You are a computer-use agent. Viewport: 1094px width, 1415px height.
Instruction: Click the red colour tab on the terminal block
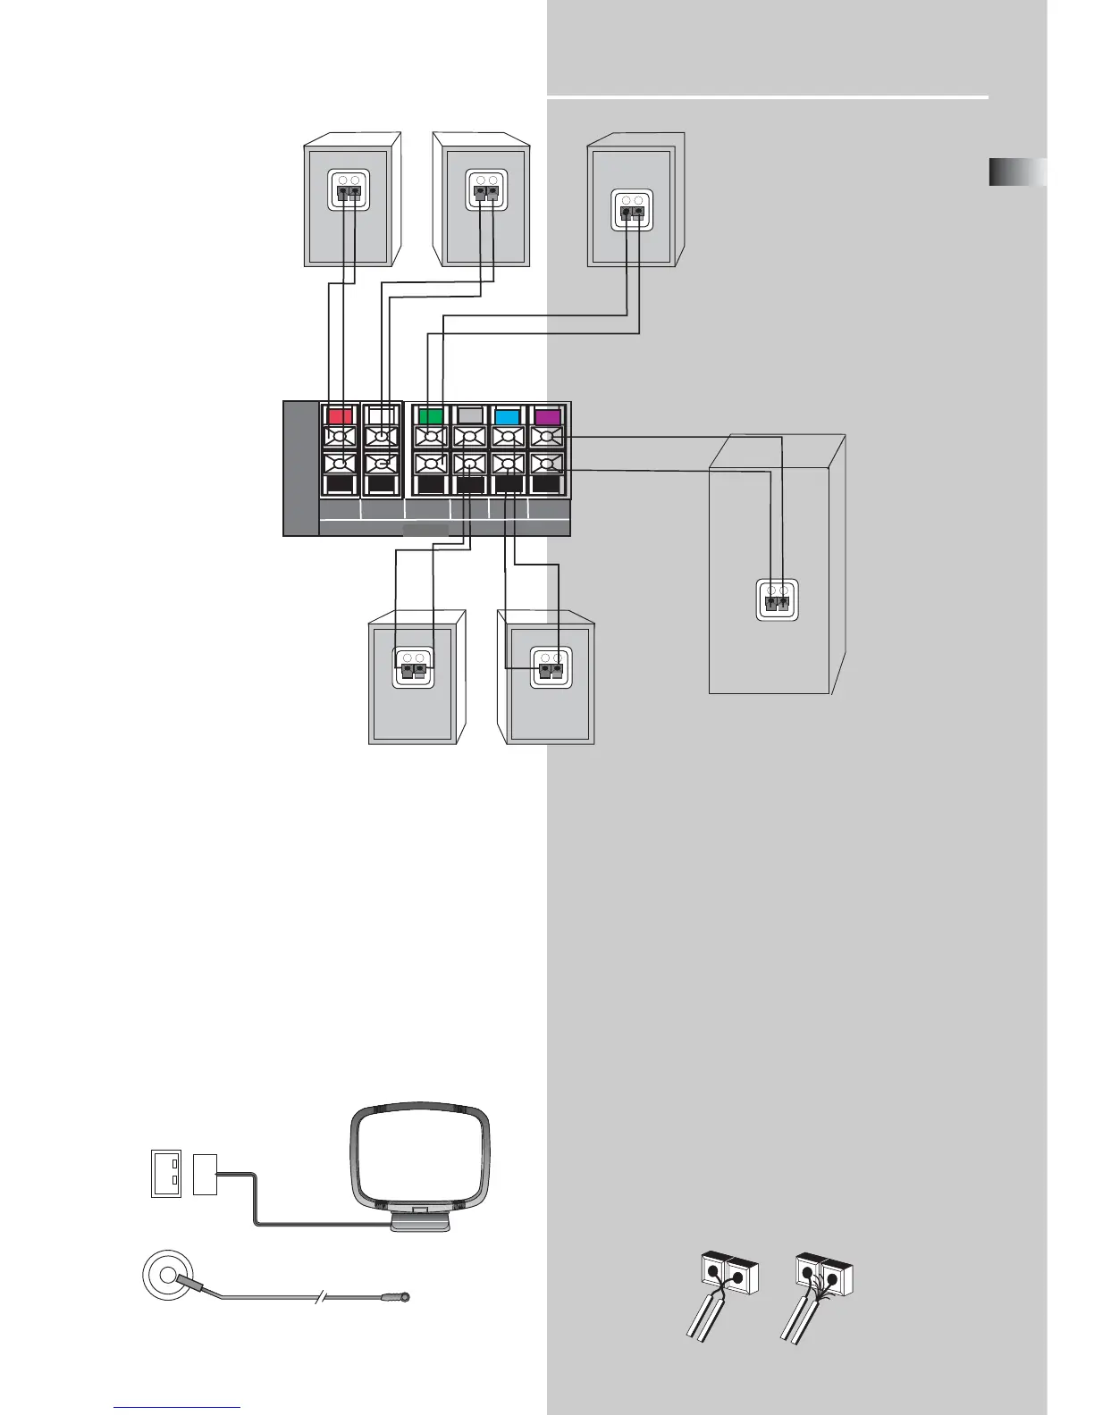(340, 415)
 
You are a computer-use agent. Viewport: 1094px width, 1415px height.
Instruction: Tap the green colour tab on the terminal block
(431, 415)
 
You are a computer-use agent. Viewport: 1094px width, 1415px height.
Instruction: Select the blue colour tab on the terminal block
(508, 415)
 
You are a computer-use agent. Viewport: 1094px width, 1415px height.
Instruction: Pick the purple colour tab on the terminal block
(547, 415)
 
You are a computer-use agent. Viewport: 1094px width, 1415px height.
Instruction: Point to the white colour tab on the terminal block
(381, 415)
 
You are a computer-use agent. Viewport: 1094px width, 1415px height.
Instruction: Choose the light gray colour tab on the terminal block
(469, 415)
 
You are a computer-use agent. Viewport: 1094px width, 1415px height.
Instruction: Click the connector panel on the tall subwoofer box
(776, 599)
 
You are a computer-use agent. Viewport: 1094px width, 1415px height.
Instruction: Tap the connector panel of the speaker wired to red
(349, 190)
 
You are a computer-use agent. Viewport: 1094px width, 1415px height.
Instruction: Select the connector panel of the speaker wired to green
(632, 211)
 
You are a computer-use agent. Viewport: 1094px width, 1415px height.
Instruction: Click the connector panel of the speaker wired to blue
(551, 667)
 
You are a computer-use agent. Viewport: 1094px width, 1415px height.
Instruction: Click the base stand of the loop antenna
(420, 1219)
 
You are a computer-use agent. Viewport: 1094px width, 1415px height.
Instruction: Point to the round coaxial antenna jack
(168, 1276)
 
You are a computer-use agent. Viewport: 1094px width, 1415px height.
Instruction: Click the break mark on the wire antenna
(320, 1297)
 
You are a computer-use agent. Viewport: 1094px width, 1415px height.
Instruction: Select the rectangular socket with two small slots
(166, 1174)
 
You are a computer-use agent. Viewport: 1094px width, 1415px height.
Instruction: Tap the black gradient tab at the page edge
(1017, 172)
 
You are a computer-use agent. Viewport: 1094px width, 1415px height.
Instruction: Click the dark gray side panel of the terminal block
(300, 468)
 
